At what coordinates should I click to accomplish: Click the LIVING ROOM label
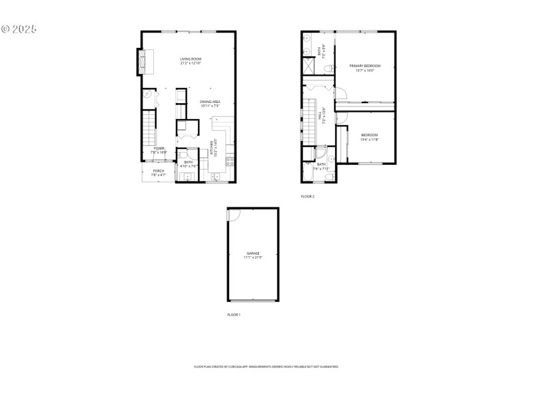click(x=191, y=59)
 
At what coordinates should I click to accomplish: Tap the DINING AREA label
click(x=210, y=101)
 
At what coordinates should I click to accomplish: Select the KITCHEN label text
click(x=213, y=146)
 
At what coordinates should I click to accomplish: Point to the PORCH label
click(x=159, y=171)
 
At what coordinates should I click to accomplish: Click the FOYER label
click(x=159, y=148)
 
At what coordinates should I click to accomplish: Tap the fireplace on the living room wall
click(x=142, y=62)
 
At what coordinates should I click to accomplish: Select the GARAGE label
click(x=253, y=253)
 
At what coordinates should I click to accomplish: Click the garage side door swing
click(x=233, y=215)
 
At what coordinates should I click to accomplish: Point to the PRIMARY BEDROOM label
click(x=365, y=65)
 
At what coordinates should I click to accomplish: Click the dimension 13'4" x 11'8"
click(x=369, y=140)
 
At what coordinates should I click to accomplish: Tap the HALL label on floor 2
click(x=323, y=116)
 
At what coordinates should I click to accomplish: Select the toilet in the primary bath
click(x=327, y=68)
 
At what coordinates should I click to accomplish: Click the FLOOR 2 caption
click(x=307, y=196)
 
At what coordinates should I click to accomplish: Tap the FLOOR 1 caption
click(x=233, y=314)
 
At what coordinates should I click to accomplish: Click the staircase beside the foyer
click(x=148, y=129)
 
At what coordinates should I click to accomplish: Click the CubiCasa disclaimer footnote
click(x=266, y=366)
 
